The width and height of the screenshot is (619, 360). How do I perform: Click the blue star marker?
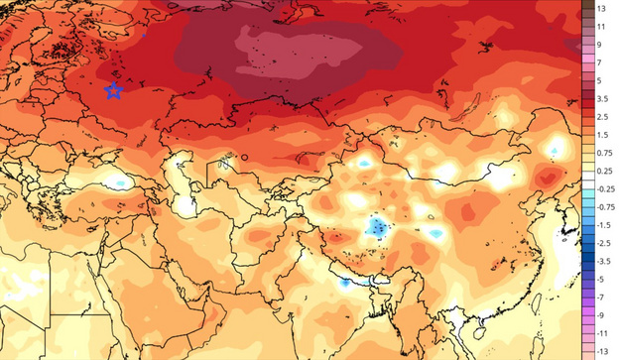[x=113, y=91]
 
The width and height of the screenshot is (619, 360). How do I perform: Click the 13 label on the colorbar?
[x=600, y=8]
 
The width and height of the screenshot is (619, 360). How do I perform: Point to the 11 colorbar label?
[x=600, y=27]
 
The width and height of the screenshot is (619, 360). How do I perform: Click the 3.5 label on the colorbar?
[x=602, y=99]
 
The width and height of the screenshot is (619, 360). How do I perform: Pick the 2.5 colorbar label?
[x=602, y=117]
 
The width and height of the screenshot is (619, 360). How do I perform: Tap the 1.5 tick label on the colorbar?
[x=602, y=135]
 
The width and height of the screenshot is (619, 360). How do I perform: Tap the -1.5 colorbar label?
[x=603, y=224]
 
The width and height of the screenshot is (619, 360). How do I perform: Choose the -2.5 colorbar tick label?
[x=603, y=242]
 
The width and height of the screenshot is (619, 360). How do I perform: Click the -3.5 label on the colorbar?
[x=603, y=260]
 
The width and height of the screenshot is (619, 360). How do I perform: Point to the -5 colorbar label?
[x=601, y=279]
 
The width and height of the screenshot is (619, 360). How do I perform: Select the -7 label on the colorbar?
[x=601, y=297]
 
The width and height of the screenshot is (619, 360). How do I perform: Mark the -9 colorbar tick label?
[x=601, y=314]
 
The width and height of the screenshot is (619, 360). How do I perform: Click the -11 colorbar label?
[x=602, y=333]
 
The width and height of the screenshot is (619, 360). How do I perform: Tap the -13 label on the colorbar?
[x=602, y=351]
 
